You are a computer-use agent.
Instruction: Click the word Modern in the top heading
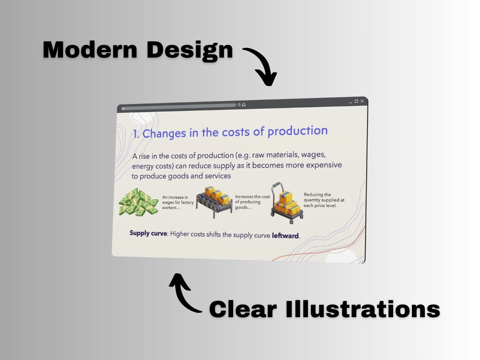click(x=90, y=50)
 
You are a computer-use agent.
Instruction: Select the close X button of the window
click(x=362, y=101)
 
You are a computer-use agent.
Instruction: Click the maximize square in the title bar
click(x=356, y=101)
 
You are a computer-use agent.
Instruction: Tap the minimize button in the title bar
click(x=350, y=102)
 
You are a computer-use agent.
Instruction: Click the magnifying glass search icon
click(x=239, y=105)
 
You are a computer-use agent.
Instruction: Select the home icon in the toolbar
click(x=244, y=105)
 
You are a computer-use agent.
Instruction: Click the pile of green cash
click(x=138, y=202)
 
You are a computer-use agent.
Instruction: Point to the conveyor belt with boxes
click(x=214, y=202)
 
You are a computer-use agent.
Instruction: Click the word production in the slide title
click(x=298, y=131)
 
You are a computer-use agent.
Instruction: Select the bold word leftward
click(x=285, y=236)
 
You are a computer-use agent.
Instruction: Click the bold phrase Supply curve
click(x=148, y=234)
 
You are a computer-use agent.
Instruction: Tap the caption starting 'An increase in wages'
click(x=178, y=202)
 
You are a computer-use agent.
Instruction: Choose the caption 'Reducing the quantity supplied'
click(x=324, y=200)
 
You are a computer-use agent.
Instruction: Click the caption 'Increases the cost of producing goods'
click(x=252, y=202)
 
